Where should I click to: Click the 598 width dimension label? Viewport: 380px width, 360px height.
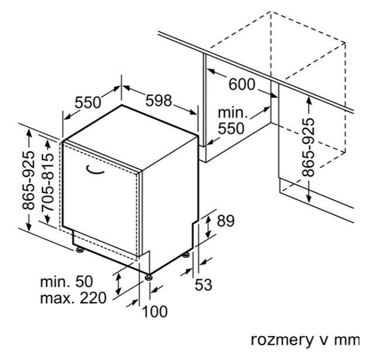coord(158,100)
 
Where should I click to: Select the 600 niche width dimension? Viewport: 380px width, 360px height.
coord(241,84)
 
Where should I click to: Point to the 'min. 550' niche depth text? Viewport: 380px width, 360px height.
coord(233,120)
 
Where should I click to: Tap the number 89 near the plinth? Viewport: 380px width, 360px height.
coord(225,221)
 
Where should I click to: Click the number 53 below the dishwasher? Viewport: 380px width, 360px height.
coord(203,285)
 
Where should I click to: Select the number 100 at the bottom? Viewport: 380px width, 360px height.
coord(154,311)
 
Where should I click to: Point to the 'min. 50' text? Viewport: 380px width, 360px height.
coord(66,282)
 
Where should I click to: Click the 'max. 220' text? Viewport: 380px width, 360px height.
coord(73,299)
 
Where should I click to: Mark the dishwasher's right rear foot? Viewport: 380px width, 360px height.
coord(186,255)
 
